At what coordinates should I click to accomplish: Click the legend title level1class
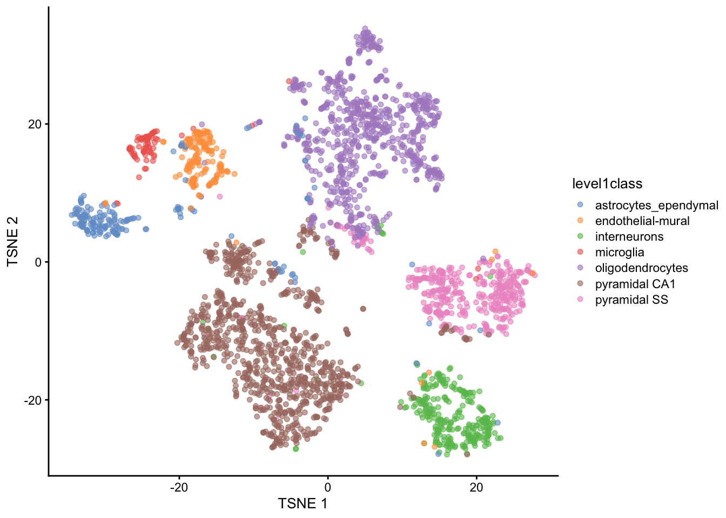pos(607,184)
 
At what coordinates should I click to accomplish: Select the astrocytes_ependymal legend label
pos(656,206)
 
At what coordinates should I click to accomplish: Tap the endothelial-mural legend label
pos(642,221)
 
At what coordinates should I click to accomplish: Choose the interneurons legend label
pos(629,237)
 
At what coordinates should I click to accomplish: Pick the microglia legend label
pos(620,253)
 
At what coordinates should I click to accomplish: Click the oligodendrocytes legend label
pos(641,268)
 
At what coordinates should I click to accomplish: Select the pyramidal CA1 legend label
pos(635,284)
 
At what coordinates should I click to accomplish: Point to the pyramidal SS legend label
pos(631,300)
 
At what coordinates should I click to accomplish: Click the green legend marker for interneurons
pos(580,236)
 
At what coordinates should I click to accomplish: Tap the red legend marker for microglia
pos(580,252)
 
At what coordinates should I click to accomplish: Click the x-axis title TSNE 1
pos(302,503)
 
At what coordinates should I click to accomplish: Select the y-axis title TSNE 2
pos(13,241)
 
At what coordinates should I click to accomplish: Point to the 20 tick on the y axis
pos(35,124)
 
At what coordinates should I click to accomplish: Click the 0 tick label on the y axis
pos(38,262)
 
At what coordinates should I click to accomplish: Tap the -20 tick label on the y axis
pos(32,400)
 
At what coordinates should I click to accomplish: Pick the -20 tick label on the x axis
pos(179,487)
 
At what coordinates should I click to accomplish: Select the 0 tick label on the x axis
pos(327,487)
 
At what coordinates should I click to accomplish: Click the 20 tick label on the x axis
pos(476,487)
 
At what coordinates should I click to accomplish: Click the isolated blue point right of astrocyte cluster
pos(146,229)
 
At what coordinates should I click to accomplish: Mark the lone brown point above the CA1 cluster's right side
pos(363,309)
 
